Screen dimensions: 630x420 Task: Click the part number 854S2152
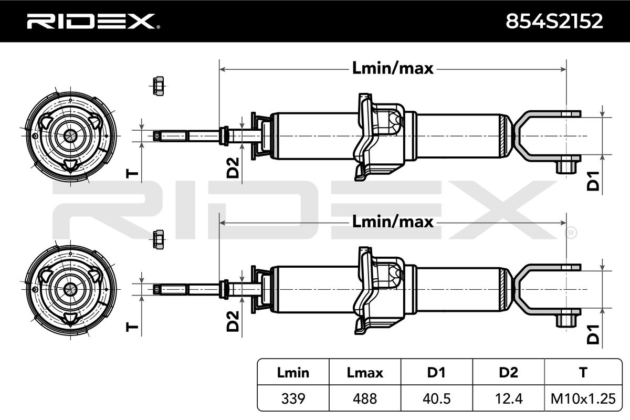coord(554,21)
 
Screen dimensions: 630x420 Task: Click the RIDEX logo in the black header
coord(93,22)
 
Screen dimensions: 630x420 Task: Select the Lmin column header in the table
coord(293,373)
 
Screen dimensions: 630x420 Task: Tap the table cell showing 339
coord(293,398)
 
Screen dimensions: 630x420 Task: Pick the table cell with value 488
coord(365,398)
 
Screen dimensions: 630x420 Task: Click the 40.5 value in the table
coord(436,398)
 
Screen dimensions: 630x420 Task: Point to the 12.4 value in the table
coord(509,398)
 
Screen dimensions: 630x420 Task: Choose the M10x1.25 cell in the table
coord(583,398)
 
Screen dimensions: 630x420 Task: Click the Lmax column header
coord(365,373)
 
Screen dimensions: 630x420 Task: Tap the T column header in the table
coord(583,373)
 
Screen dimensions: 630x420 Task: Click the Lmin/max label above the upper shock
coord(393,69)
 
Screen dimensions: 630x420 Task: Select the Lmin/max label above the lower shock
coord(393,222)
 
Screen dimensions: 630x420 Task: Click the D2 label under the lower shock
coord(233,321)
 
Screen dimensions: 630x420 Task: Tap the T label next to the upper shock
coord(132,174)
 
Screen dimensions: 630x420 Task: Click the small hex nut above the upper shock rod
coord(159,86)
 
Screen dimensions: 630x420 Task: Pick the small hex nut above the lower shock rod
coord(159,239)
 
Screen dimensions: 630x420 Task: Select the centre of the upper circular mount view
coord(70,136)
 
